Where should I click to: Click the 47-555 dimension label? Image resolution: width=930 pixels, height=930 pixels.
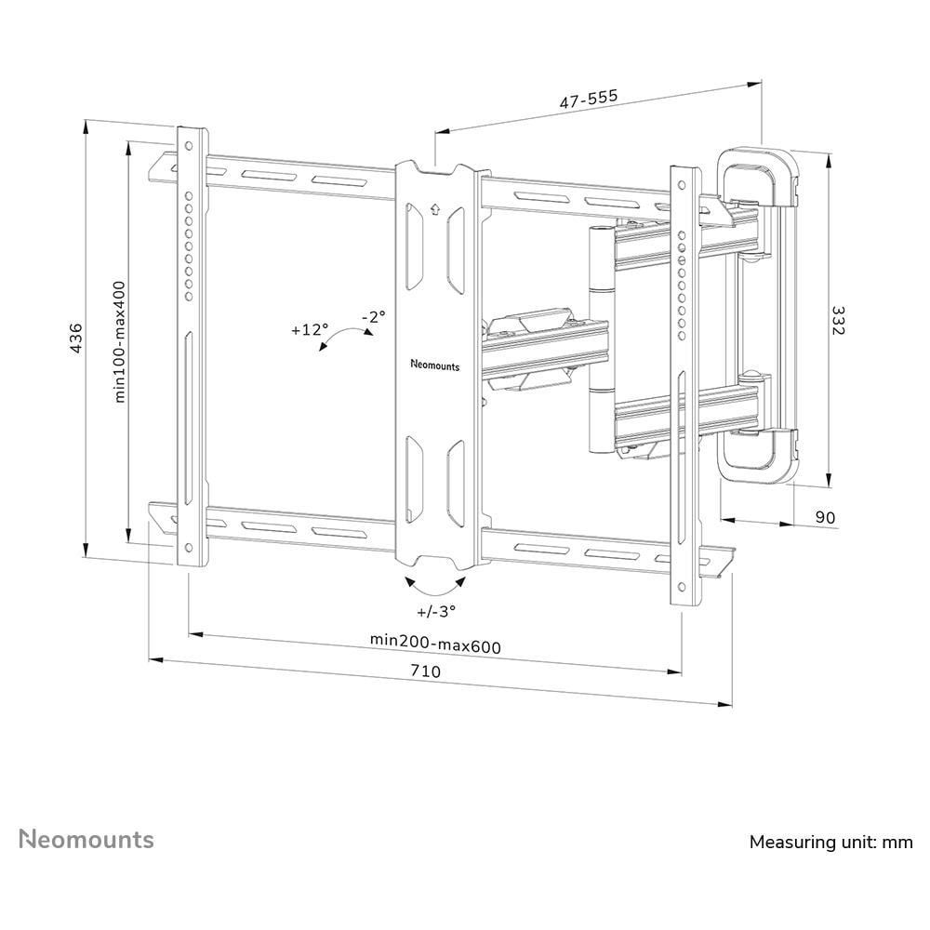pyautogui.click(x=588, y=100)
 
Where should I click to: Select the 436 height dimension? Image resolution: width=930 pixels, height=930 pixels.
pyautogui.click(x=76, y=338)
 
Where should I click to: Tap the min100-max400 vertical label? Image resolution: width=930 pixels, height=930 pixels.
pyautogui.click(x=120, y=341)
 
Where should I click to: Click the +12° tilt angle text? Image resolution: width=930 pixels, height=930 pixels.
pyautogui.click(x=309, y=329)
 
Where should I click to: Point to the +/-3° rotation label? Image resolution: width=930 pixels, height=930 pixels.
pyautogui.click(x=436, y=611)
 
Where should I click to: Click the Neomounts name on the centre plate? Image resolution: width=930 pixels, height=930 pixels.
pyautogui.click(x=434, y=365)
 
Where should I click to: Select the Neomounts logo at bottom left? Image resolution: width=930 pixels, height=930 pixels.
pyautogui.click(x=87, y=840)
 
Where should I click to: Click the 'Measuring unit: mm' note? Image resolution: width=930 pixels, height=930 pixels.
pyautogui.click(x=830, y=843)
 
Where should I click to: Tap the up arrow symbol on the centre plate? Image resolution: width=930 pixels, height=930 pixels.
pyautogui.click(x=434, y=210)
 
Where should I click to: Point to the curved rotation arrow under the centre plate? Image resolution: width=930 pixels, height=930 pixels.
pyautogui.click(x=435, y=585)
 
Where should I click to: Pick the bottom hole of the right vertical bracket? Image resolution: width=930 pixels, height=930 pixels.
pyautogui.click(x=683, y=587)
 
